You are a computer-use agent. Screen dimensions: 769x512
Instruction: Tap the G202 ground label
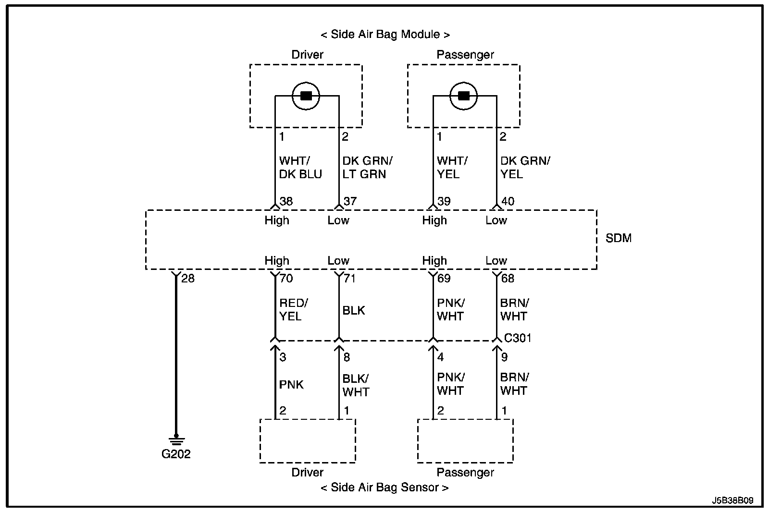coord(176,454)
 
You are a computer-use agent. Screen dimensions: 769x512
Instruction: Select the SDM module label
coord(618,238)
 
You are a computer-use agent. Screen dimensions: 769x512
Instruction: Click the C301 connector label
coord(518,338)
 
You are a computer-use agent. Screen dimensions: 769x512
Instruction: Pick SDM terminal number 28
coord(188,278)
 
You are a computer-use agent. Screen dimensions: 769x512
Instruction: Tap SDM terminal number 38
coord(286,201)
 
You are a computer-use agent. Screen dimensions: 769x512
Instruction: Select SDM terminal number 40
coord(508,201)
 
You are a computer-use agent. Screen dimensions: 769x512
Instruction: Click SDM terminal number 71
coord(349,278)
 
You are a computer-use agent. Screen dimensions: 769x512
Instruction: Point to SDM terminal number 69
coord(444,278)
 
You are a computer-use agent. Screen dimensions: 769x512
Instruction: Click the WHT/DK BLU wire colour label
coord(300,168)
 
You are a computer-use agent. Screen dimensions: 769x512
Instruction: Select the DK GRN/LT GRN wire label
coord(367,168)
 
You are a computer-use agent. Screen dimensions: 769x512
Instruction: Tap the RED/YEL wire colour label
coord(294,309)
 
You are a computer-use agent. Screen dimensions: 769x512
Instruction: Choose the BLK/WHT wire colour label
coord(356,385)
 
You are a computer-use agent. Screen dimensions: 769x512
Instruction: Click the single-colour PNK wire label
coord(291,385)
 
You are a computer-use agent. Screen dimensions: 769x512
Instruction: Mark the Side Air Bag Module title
coord(385,34)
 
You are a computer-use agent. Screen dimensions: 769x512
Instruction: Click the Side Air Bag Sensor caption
coord(384,488)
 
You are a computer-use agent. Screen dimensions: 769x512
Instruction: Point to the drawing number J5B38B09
coord(732,500)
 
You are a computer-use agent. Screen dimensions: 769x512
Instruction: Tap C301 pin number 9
coord(504,357)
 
